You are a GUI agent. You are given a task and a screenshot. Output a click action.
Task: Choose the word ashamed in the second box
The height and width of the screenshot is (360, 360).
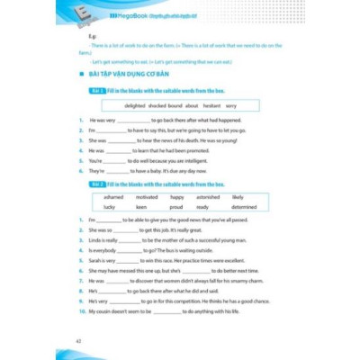coord(113,196)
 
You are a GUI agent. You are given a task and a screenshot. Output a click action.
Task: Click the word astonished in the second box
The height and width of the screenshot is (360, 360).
coord(207,196)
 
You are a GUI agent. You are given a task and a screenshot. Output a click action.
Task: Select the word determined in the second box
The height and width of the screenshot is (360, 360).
coord(244,206)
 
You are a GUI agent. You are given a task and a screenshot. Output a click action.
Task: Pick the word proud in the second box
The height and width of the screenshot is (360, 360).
coord(176,206)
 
